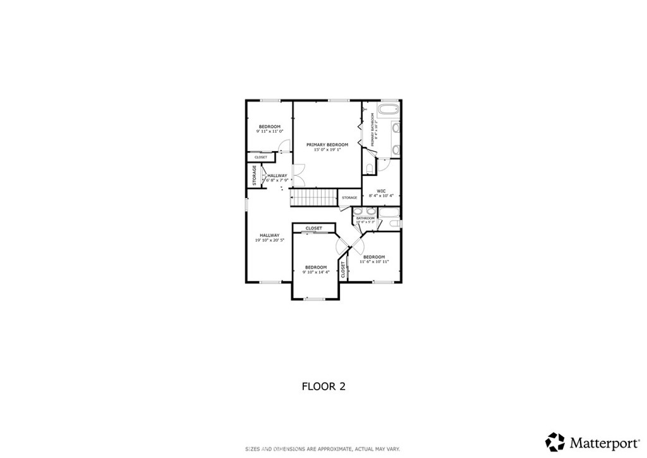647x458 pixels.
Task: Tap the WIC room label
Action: click(381, 190)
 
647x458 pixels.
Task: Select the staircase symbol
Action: click(313, 198)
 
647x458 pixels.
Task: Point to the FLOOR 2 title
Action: click(323, 386)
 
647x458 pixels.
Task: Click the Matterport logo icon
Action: click(555, 441)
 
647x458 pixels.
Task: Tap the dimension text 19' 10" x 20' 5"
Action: click(269, 240)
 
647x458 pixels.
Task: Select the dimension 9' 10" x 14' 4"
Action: click(315, 272)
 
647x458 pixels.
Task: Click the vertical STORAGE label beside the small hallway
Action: click(255, 175)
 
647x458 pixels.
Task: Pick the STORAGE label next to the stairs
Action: click(349, 198)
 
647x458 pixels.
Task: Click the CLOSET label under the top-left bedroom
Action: click(261, 157)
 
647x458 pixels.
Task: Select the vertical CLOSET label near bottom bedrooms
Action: click(343, 270)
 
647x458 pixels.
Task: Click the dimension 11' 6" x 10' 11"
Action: click(373, 261)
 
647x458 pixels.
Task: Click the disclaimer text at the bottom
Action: click(323, 449)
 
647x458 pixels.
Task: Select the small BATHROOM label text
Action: click(365, 218)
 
